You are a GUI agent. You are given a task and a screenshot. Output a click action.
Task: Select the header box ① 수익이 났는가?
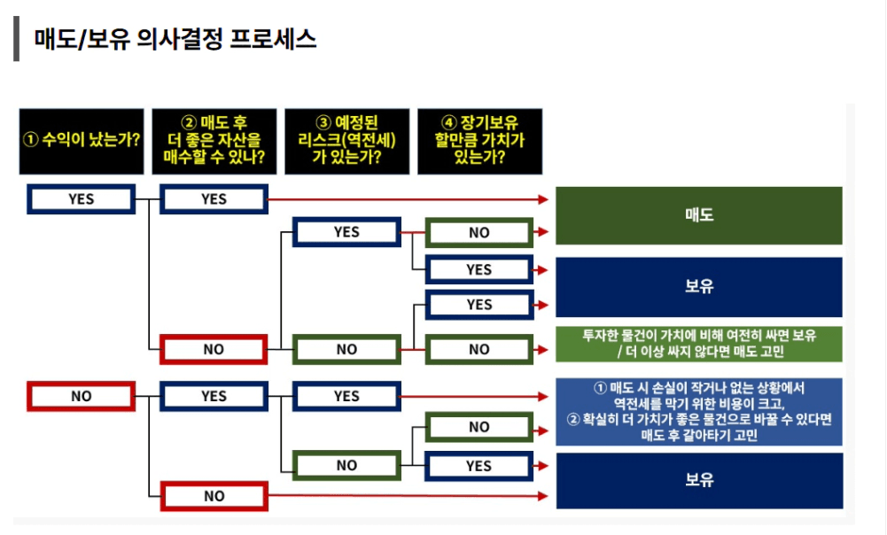click(81, 141)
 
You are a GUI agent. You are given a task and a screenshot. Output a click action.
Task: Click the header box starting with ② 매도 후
click(214, 141)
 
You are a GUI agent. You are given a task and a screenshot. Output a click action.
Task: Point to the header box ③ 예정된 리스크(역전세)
click(346, 141)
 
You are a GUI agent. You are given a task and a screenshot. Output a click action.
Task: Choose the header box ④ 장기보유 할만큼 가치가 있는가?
click(479, 141)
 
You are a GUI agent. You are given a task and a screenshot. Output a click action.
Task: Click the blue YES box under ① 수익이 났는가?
click(81, 199)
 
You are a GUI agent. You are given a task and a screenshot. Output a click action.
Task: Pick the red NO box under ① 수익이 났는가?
click(81, 397)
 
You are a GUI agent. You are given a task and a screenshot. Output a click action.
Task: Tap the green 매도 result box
click(699, 215)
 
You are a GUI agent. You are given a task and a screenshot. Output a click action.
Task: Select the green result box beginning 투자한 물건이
click(699, 344)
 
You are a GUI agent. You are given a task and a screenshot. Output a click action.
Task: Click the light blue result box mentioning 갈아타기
click(699, 412)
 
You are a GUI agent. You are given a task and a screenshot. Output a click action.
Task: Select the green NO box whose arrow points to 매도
click(479, 232)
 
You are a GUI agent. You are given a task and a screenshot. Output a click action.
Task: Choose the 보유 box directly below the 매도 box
click(699, 287)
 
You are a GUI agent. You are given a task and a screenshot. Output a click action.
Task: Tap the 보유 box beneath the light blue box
click(699, 480)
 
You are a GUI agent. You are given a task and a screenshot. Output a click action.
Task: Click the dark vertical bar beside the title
click(17, 40)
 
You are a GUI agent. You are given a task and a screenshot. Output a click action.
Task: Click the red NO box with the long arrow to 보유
click(214, 496)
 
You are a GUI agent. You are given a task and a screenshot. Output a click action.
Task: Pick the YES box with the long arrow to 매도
click(214, 199)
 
